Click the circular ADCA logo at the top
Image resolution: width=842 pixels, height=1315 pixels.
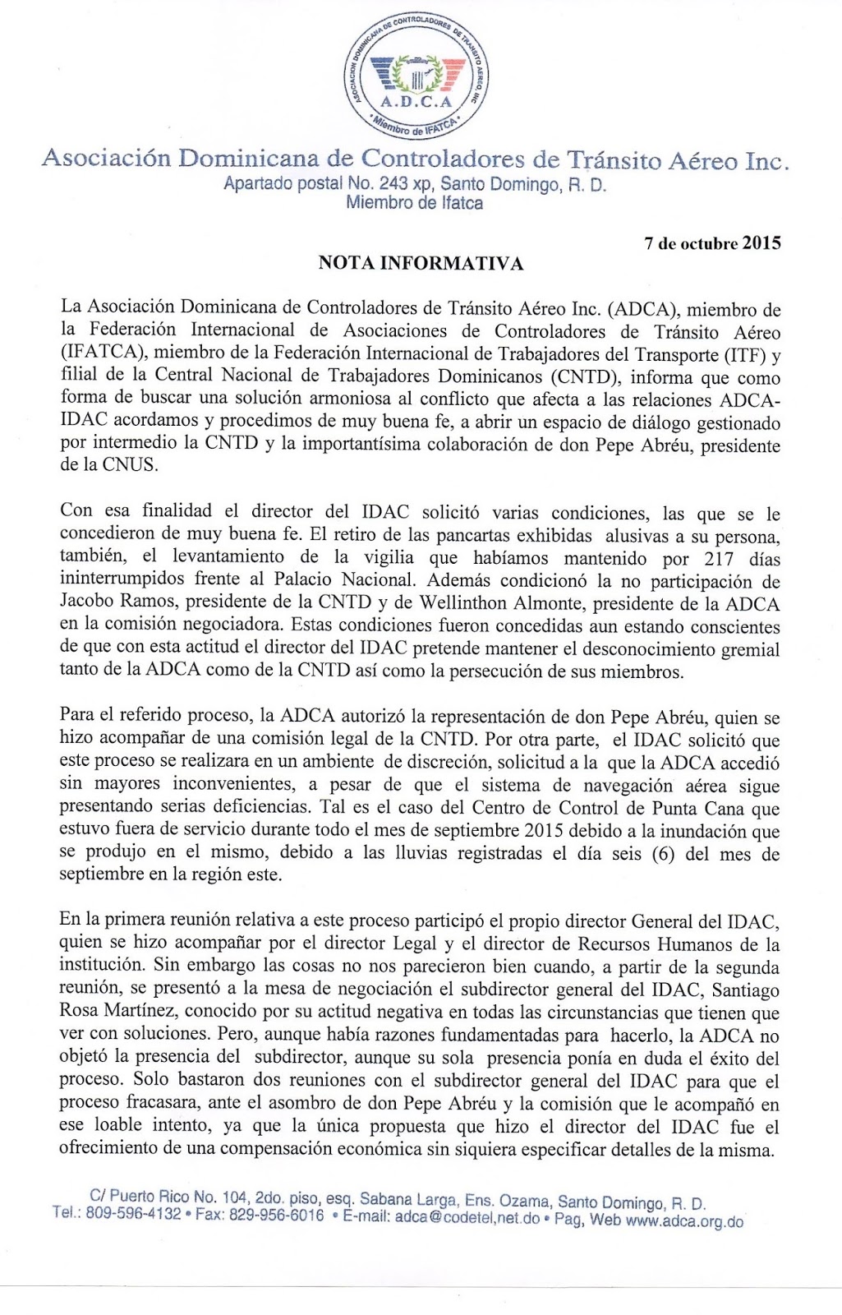tap(416, 76)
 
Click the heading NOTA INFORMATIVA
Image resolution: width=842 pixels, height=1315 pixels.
tap(421, 263)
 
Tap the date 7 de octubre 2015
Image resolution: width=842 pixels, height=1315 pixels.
tap(712, 243)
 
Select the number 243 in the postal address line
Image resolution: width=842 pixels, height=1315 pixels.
tap(393, 183)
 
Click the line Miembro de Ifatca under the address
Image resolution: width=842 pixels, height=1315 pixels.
tap(415, 203)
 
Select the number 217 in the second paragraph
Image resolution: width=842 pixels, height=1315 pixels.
tap(720, 559)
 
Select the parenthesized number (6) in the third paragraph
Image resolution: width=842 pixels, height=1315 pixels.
tap(663, 853)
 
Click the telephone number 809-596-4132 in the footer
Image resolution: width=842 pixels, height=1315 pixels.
tap(133, 1214)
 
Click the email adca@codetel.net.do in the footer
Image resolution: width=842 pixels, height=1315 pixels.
tap(467, 1217)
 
